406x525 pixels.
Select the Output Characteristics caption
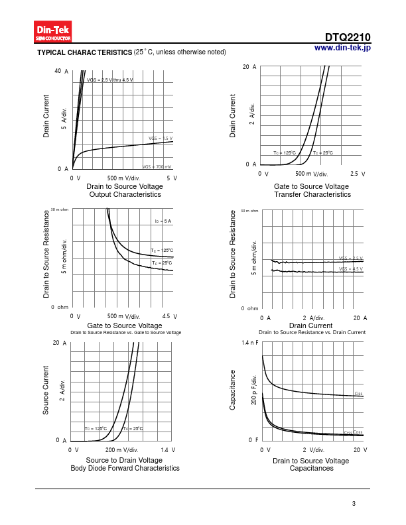coord(125,195)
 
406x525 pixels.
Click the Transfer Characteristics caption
coord(312,195)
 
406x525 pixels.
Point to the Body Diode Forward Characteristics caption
coord(125,468)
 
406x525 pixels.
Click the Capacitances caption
coord(311,468)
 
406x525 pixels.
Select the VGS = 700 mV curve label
coord(158,166)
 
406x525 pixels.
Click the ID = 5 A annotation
coord(163,221)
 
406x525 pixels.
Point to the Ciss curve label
coord(358,394)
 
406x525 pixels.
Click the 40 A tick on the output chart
coord(62,71)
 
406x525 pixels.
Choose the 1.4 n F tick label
coord(249,343)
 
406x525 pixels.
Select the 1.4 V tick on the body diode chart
coord(168,449)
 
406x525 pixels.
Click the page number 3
coord(354,504)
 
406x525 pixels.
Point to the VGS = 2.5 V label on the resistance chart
coord(351,258)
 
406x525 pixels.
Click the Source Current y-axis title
coord(46,390)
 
